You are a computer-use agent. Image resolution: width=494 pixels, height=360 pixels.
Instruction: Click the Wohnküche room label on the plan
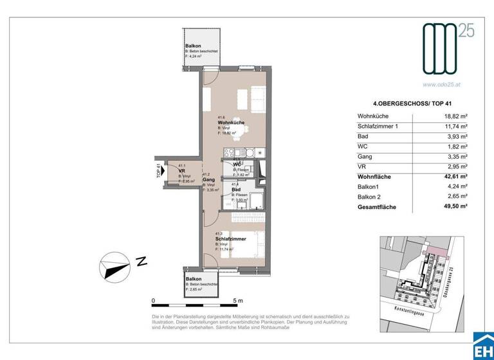(x=230, y=122)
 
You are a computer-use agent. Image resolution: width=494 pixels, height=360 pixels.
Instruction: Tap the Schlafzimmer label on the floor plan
(x=230, y=239)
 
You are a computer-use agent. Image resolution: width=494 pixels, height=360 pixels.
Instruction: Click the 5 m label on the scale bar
(x=238, y=301)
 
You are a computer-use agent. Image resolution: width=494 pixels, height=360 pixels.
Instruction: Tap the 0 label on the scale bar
(x=153, y=301)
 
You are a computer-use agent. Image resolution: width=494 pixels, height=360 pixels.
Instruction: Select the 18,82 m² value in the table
(x=454, y=116)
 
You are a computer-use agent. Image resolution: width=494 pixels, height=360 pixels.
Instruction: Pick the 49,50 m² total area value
(x=454, y=208)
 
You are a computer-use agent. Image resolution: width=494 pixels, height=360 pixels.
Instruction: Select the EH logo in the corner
(x=482, y=345)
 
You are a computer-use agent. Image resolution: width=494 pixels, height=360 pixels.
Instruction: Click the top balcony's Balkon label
(x=193, y=46)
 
